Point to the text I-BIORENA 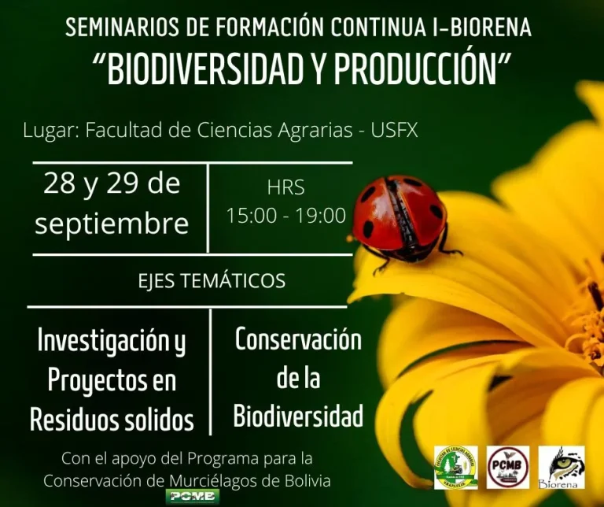[481, 28]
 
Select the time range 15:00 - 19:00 [286, 216]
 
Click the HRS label [285, 188]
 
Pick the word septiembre [112, 224]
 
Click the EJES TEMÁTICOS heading [212, 280]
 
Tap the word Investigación [112, 341]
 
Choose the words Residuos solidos [112, 420]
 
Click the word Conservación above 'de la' [298, 339]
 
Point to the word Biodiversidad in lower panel [298, 416]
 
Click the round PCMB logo [508, 467]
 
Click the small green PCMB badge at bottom [187, 496]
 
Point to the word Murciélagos [235, 480]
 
